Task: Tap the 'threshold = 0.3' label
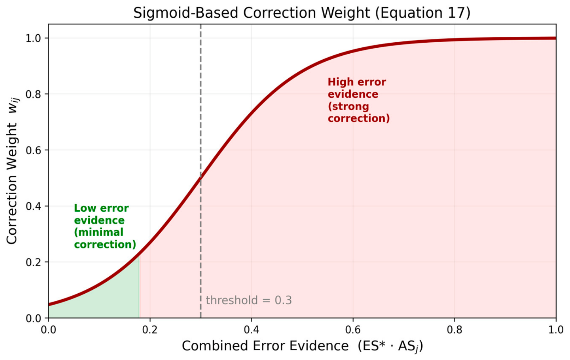[x=249, y=300]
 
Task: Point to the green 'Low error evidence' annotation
[x=105, y=226]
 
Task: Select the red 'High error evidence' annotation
[x=358, y=100]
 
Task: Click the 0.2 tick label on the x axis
[x=150, y=330]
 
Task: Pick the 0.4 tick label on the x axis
[x=251, y=330]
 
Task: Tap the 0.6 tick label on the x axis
[x=353, y=330]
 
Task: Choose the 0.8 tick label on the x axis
[x=455, y=330]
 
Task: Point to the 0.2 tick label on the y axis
[x=33, y=262]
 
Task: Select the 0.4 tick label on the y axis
[x=33, y=206]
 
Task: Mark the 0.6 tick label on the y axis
[x=33, y=150]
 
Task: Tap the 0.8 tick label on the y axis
[x=33, y=94]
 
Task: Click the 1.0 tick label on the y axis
[x=33, y=38]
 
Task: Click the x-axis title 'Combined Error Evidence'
[x=265, y=346]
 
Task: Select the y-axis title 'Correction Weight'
[x=12, y=184]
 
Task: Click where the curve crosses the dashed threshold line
[x=201, y=178]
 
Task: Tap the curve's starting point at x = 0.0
[x=49, y=304]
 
